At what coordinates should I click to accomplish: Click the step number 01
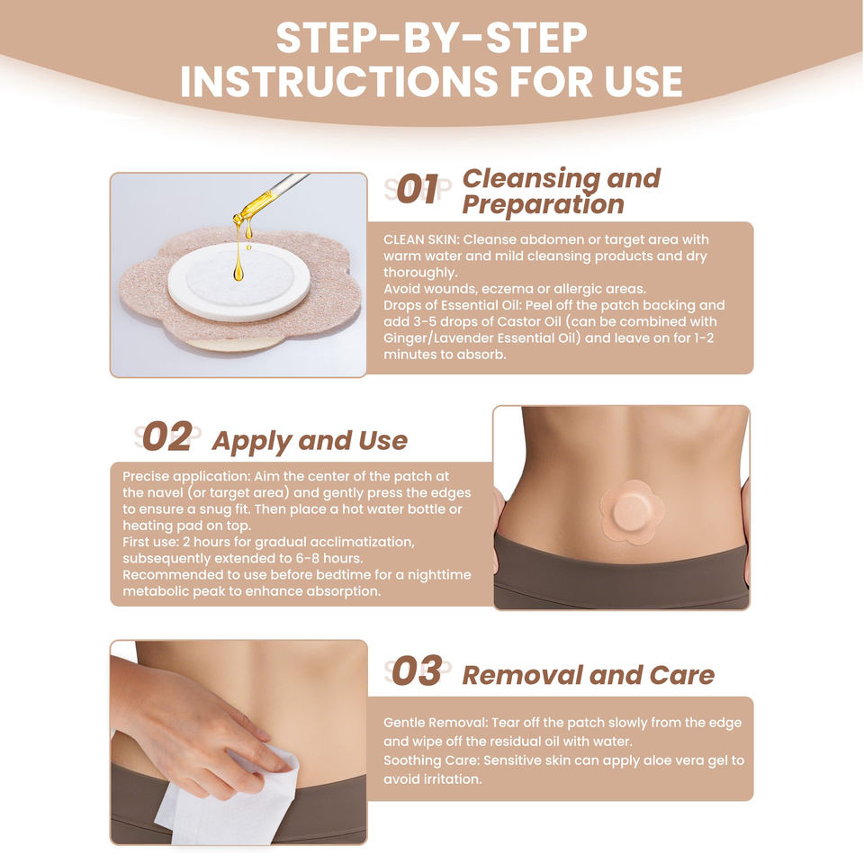[x=418, y=189]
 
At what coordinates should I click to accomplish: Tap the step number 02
[x=167, y=436]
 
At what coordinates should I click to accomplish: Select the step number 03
[x=417, y=670]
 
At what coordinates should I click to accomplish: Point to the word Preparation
[x=544, y=205]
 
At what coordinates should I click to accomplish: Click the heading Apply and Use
[x=310, y=441]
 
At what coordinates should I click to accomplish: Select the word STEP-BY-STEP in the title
[x=431, y=38]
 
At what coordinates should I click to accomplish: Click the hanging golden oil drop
[x=238, y=271]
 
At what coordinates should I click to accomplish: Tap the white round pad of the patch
[x=238, y=282]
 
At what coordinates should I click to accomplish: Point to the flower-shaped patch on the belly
[x=628, y=511]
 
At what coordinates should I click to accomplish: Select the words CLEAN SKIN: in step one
[x=420, y=239]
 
